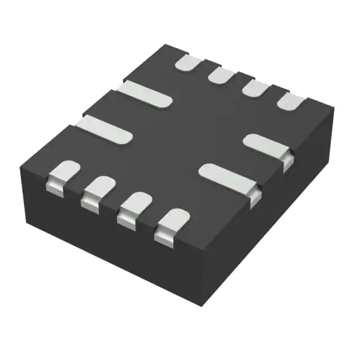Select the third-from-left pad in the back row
pyautogui.click(x=256, y=88)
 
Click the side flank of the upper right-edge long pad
pyautogui.click(x=286, y=161)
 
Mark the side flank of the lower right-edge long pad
pyautogui.click(x=255, y=194)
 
